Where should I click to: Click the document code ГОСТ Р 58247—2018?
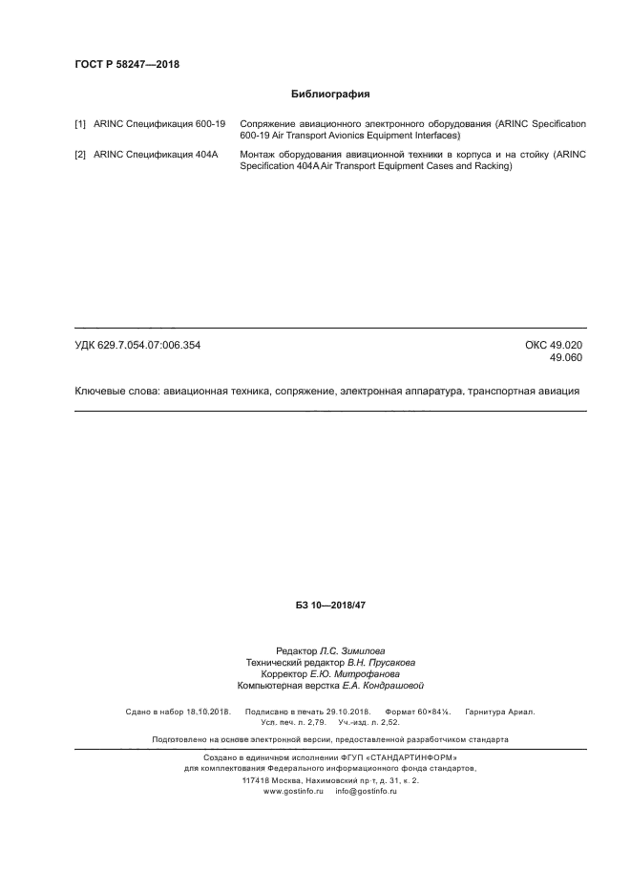(127, 65)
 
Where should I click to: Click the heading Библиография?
(329, 95)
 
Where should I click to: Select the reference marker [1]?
(80, 125)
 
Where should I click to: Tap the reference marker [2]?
(80, 155)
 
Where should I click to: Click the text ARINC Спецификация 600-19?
(159, 125)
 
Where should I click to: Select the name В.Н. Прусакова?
(381, 662)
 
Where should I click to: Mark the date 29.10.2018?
(346, 712)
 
